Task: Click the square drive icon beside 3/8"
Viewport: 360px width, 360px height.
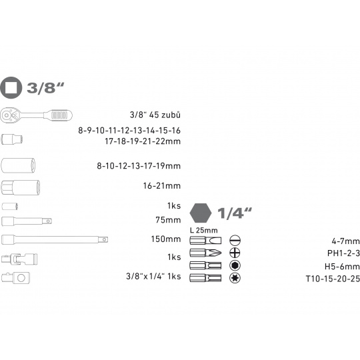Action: tap(11, 88)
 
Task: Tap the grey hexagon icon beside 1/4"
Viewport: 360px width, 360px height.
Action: tap(201, 213)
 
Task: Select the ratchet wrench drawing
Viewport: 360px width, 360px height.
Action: tap(36, 115)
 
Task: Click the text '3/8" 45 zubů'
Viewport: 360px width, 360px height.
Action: tap(155, 115)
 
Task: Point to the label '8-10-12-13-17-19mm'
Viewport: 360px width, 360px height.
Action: tap(139, 165)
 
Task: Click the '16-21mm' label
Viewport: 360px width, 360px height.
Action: tap(162, 185)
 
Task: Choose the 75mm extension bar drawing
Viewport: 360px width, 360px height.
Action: tap(27, 221)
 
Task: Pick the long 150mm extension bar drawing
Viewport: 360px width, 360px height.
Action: tap(55, 239)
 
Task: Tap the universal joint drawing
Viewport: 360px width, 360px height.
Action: tap(19, 259)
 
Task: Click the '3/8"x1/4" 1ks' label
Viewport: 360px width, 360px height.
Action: tap(153, 276)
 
